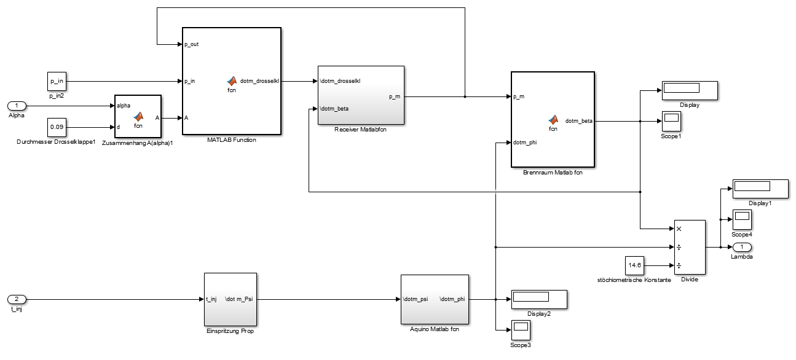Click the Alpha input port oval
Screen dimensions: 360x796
17,106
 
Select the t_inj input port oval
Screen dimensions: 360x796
17,299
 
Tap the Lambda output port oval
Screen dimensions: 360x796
741,247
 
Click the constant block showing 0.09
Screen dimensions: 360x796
57,127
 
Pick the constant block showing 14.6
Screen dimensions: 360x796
634,265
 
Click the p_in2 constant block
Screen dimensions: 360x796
57,80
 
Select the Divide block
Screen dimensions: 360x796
690,247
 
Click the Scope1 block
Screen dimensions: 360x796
671,120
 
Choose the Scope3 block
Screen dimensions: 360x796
520,330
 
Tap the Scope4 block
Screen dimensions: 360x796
742,219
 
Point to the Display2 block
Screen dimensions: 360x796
538,299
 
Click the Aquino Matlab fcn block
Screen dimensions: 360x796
435,299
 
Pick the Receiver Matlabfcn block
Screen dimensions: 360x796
361,95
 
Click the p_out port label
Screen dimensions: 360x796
191,44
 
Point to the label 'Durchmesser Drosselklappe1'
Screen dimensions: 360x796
56,142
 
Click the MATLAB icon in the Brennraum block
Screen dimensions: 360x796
553,119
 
